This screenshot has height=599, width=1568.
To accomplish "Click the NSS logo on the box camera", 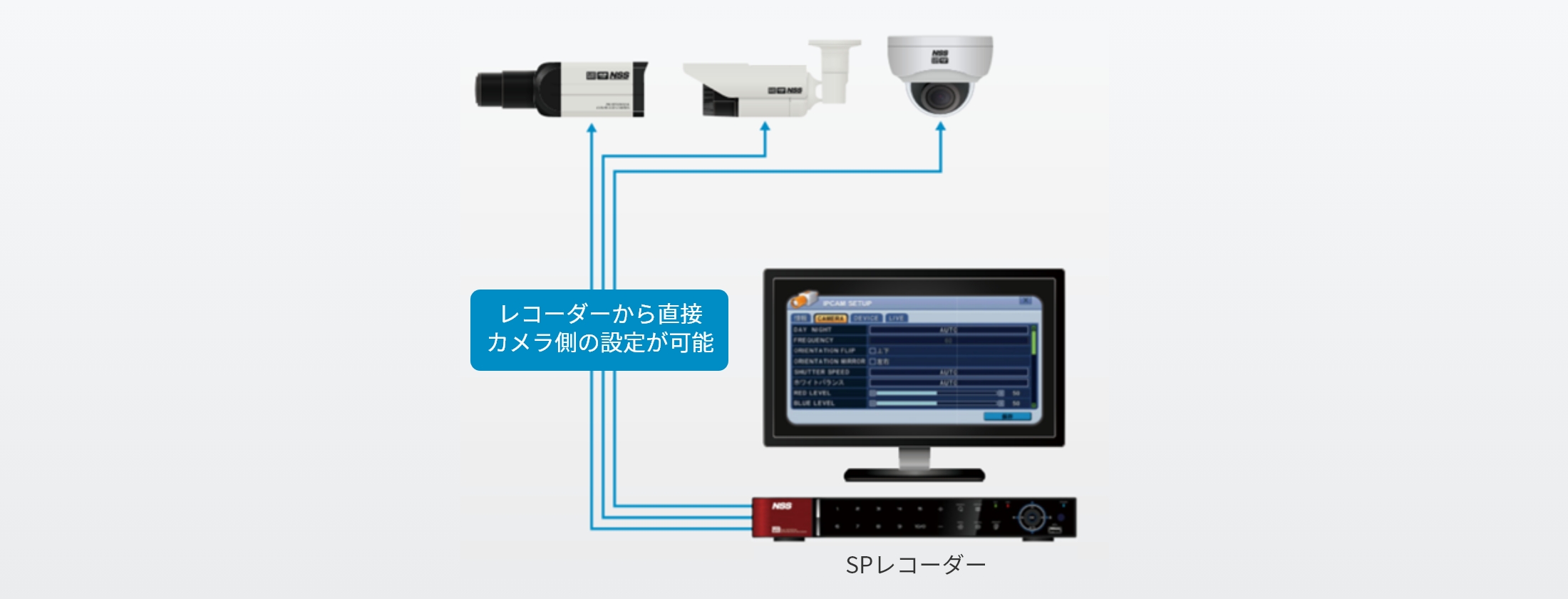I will (x=608, y=75).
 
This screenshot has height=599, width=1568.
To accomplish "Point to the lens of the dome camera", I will (x=940, y=96).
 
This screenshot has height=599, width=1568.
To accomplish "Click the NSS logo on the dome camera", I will (x=940, y=56).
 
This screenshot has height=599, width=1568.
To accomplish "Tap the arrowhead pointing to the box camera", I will (x=591, y=128).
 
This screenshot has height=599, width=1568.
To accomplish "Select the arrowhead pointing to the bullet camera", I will (x=765, y=127).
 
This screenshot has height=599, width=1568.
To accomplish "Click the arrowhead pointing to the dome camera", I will (x=940, y=127).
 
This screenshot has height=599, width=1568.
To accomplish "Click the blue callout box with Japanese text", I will (x=599, y=329).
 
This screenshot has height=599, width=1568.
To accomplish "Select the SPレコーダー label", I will (x=915, y=565).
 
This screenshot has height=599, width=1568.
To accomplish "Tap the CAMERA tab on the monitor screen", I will (x=830, y=318).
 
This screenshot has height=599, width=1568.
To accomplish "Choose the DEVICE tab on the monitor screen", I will (x=866, y=318).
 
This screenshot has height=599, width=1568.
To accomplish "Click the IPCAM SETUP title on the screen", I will (x=847, y=303).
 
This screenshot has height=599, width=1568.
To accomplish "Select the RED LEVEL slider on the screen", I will (x=937, y=393).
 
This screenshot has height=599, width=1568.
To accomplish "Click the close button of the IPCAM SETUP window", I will (x=1026, y=302).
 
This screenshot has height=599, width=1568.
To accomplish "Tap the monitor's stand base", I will (x=914, y=474).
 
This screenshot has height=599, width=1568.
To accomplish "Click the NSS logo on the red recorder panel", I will (x=782, y=506).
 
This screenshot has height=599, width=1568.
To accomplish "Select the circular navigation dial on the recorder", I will (x=1031, y=517).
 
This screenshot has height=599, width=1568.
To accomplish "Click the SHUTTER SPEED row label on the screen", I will (x=822, y=372).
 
